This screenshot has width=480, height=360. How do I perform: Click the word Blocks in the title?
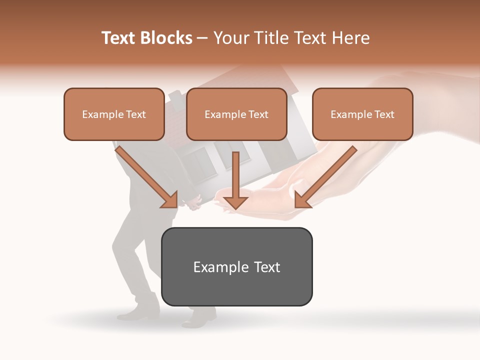click(167, 38)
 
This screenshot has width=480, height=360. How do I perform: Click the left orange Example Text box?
click(114, 114)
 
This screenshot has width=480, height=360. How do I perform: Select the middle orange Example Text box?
click(236, 114)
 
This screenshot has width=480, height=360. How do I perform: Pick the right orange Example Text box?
click(362, 114)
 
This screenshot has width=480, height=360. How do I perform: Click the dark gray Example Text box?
click(236, 266)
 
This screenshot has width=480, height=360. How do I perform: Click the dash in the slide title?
click(202, 38)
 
